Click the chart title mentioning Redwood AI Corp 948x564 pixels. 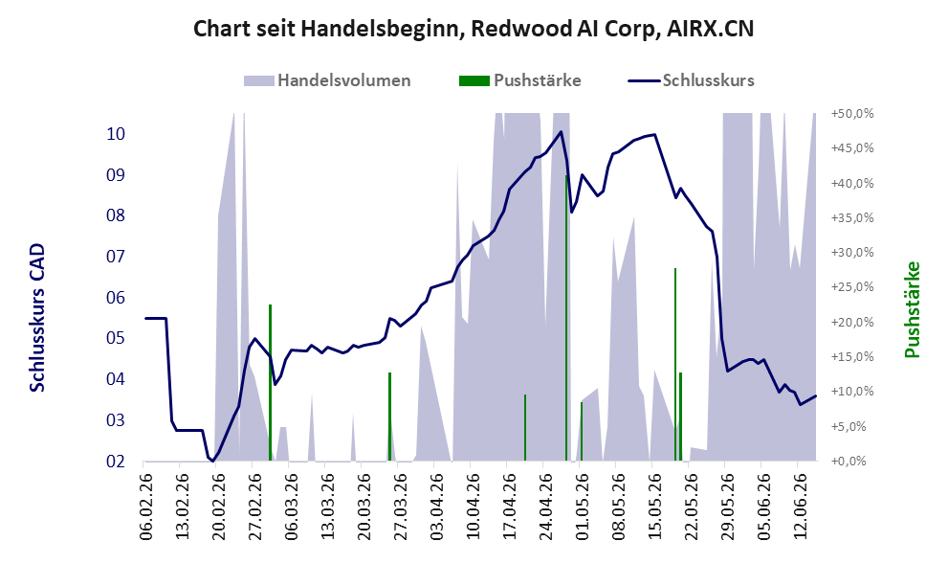pos(474,29)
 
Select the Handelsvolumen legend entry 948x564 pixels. pos(327,80)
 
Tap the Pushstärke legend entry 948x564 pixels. pos(520,80)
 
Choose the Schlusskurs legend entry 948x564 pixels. pos(691,80)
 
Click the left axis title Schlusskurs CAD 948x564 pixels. pos(37,318)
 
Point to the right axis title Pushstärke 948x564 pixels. pos(912,309)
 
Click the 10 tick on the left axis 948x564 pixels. pos(116,134)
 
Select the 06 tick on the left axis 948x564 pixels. pos(116,298)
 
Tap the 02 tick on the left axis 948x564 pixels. pos(116,462)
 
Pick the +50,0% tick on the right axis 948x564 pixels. pos(852,114)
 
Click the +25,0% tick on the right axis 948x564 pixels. pos(852,287)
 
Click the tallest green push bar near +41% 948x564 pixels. pos(566,318)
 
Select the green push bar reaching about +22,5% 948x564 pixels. pos(271,382)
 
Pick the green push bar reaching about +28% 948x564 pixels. pos(675,364)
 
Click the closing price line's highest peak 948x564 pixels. pos(562,131)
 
